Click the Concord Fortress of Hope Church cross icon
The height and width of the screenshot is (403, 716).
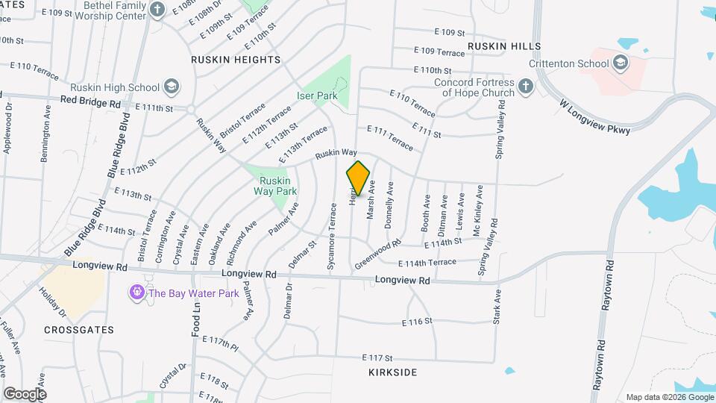pyautogui.click(x=525, y=87)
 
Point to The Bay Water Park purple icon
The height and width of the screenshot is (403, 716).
pyautogui.click(x=136, y=293)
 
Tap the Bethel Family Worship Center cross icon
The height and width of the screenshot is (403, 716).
pyautogui.click(x=157, y=10)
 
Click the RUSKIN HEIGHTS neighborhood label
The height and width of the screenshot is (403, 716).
pyautogui.click(x=235, y=59)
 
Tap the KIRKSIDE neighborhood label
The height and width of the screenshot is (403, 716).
pyautogui.click(x=392, y=372)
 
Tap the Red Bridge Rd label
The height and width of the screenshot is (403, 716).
pyautogui.click(x=90, y=101)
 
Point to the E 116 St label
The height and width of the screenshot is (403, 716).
pyautogui.click(x=418, y=322)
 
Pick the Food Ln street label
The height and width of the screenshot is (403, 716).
pyautogui.click(x=196, y=317)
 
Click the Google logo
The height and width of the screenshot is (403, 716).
pyautogui.click(x=25, y=393)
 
